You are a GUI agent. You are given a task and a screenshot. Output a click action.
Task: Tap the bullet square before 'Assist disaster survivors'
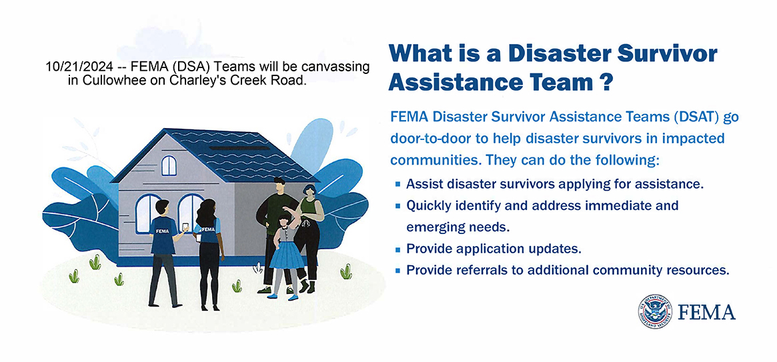coord(398,184)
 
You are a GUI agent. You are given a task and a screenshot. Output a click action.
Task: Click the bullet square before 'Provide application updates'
coord(398,249)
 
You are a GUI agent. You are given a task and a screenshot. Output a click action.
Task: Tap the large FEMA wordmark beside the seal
coord(706,312)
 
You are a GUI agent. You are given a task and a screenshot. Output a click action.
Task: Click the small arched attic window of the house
coord(169,165)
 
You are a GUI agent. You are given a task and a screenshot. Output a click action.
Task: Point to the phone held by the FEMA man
coord(185,227)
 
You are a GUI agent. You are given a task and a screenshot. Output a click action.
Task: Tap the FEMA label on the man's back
coord(162,231)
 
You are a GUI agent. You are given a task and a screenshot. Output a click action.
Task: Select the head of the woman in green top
coord(309,191)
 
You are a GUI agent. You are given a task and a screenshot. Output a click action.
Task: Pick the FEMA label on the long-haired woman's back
coord(208,229)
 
